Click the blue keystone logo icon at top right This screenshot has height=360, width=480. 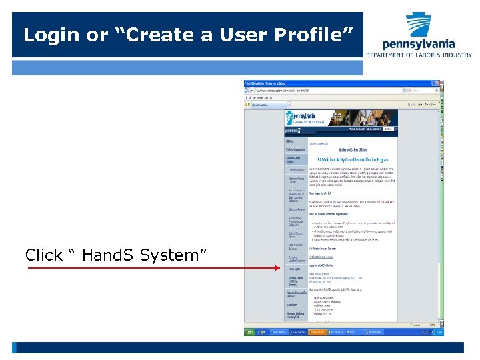419,25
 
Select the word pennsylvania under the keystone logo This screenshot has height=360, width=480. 419,44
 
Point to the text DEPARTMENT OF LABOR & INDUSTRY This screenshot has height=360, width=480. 419,55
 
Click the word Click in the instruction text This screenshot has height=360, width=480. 44,255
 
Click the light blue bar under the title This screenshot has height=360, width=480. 187,67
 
